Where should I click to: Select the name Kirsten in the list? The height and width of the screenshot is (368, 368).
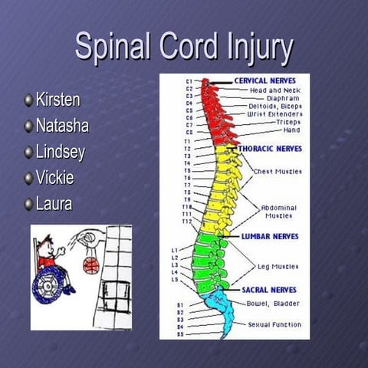58,100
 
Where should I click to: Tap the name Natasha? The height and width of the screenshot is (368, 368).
62,126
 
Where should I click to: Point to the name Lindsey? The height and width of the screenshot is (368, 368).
60,152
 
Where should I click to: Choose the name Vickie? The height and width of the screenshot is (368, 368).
56,178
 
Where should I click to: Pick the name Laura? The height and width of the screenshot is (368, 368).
53,204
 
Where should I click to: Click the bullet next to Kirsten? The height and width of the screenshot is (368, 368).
29,100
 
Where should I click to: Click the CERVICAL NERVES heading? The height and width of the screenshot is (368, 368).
265,80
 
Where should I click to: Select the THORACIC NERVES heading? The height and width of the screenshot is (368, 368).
270,148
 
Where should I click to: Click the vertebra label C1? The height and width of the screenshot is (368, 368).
189,80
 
